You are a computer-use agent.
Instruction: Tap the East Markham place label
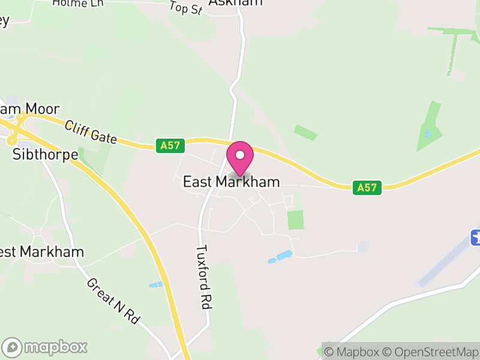coord(231,181)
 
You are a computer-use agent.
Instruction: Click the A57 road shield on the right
coord(367,187)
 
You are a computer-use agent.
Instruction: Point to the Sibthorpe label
coord(46,154)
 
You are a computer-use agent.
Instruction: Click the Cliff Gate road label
coord(91,132)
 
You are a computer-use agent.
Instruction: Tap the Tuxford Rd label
coord(205,276)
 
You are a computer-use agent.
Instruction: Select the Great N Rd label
coord(113,301)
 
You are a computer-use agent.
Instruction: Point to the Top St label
coord(186,8)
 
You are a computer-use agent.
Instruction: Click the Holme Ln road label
coord(78,3)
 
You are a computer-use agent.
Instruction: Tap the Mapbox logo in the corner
coord(46,347)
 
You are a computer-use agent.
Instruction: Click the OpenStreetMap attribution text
coord(430,352)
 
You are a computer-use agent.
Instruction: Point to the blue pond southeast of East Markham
coord(280,257)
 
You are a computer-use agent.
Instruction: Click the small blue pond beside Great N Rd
coord(155,284)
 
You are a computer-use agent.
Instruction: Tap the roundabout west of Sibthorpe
coord(12,140)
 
